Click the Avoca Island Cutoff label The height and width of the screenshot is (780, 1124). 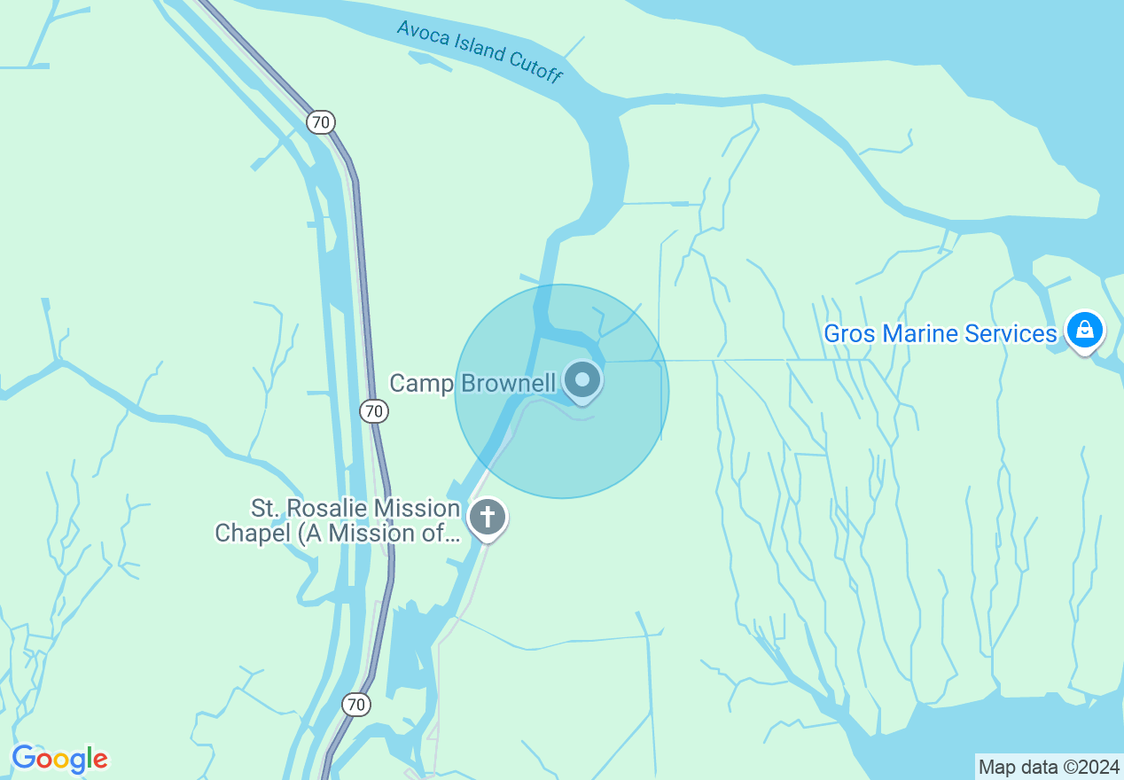480,51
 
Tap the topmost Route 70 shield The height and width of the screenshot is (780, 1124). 321,121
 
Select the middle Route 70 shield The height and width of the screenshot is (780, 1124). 374,410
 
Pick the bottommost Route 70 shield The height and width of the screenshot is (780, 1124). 356,705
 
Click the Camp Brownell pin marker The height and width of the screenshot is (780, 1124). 582,381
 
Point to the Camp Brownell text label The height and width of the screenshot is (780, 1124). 472,383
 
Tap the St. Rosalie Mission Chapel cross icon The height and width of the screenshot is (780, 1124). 487,516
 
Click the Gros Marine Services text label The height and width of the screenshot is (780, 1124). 941,333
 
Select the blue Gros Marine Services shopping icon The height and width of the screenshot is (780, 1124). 1083,331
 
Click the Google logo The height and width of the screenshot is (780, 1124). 59,759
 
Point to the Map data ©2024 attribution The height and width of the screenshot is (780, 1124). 1049,767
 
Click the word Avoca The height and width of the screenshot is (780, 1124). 420,34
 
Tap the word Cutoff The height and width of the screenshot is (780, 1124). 535,67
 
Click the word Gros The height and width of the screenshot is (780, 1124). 845,333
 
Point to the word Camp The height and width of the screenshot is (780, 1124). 422,383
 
